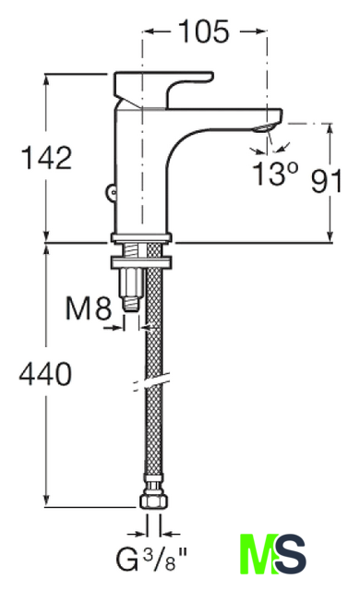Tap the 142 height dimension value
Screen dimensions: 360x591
(x=47, y=157)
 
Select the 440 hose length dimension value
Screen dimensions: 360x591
(x=45, y=373)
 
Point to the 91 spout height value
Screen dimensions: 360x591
(x=327, y=181)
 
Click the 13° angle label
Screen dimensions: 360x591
(x=276, y=174)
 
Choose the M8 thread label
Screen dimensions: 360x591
(x=89, y=308)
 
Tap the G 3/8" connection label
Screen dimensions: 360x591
(x=151, y=560)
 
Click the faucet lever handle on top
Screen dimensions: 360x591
(x=162, y=86)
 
